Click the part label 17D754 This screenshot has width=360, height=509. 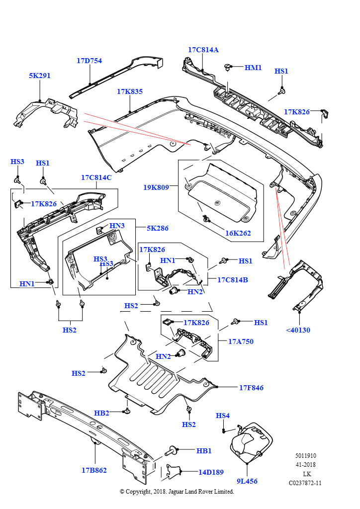(x=89, y=61)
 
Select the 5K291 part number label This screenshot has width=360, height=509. (x=39, y=76)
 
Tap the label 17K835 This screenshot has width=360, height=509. (x=130, y=91)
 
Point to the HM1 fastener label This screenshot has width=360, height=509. (x=253, y=67)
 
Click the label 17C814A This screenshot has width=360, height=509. (x=203, y=50)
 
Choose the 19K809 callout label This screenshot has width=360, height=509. (x=156, y=187)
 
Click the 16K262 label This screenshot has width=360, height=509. (x=238, y=233)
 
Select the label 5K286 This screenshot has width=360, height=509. (x=157, y=228)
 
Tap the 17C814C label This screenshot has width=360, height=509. (x=96, y=177)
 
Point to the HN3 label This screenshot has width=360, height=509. (x=117, y=226)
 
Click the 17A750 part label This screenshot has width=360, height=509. (x=241, y=341)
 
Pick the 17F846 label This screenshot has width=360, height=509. (x=251, y=387)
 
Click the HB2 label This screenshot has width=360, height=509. (x=101, y=413)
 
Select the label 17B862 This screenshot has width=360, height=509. (x=94, y=470)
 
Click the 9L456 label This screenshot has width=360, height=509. (x=247, y=481)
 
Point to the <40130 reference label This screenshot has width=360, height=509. (x=298, y=330)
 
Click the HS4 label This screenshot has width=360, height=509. (x=223, y=416)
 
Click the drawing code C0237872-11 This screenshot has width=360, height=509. (x=305, y=483)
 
